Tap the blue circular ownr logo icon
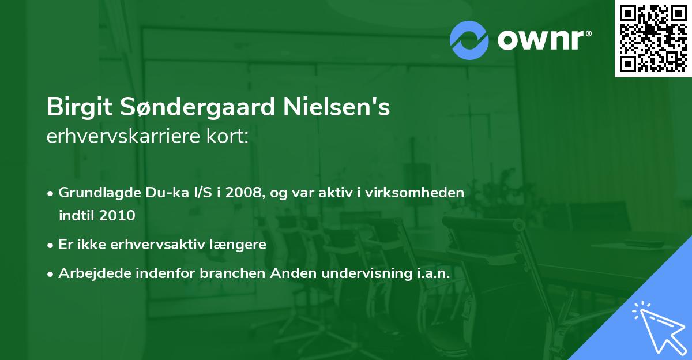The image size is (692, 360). coord(469,40)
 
